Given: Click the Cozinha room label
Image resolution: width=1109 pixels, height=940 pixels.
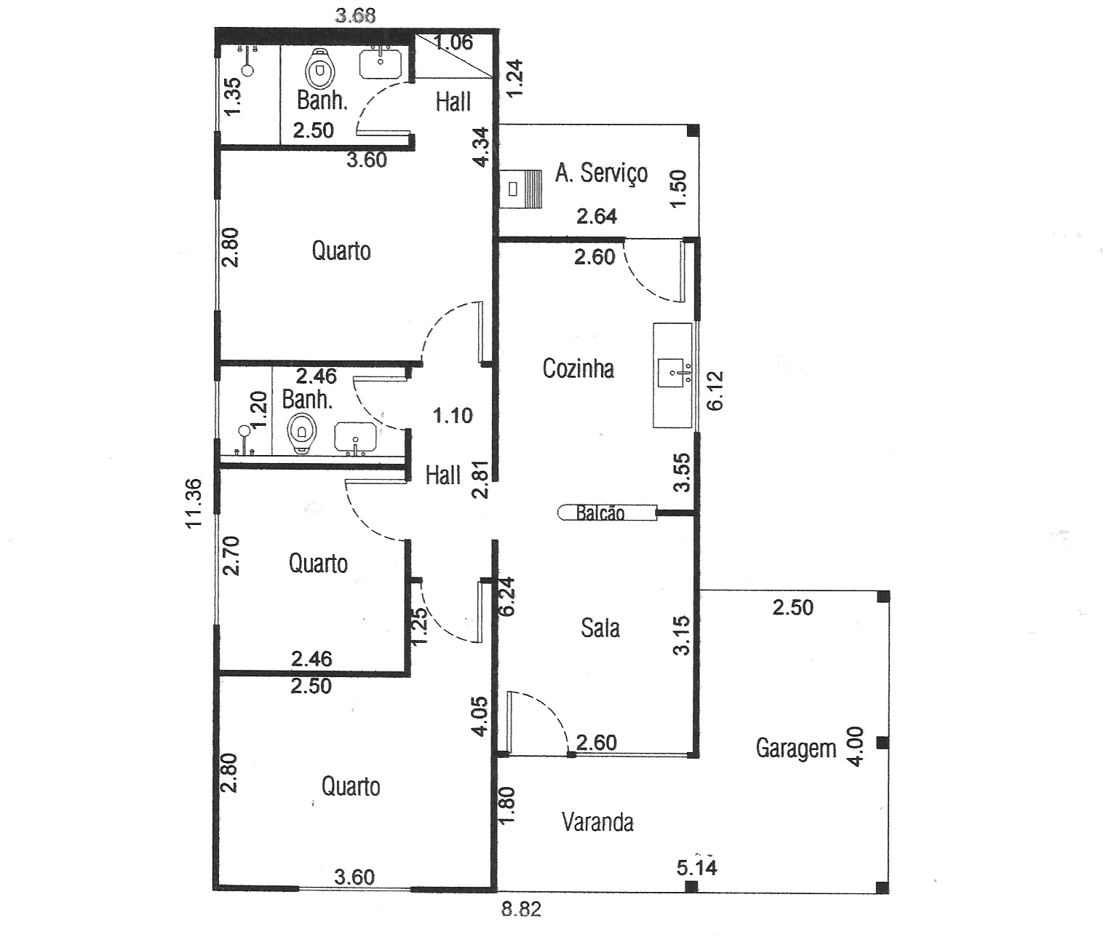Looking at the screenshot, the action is click(x=579, y=369).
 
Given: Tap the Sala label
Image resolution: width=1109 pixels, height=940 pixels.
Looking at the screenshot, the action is click(x=600, y=628).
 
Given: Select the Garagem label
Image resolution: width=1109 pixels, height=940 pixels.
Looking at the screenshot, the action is click(x=796, y=749).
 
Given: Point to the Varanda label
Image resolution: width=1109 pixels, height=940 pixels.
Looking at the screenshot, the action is click(x=597, y=822).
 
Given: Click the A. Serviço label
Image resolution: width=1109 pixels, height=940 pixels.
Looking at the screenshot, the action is click(x=602, y=173).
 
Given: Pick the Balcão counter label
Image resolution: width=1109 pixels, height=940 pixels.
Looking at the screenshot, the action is click(x=600, y=513).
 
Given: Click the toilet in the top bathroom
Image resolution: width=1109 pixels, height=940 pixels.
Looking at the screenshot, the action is click(x=319, y=68).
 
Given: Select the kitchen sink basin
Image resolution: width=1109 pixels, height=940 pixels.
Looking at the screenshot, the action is click(x=671, y=371).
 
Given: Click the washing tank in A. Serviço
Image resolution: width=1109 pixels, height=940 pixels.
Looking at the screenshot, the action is click(x=521, y=189).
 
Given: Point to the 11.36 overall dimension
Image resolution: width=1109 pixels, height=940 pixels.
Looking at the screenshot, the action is click(x=194, y=503).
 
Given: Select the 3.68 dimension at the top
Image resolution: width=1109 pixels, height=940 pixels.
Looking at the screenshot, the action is click(x=355, y=15).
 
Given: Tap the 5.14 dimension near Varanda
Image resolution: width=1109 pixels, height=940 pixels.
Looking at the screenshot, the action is click(x=696, y=867).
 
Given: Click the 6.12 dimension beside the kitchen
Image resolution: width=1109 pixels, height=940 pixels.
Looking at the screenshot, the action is click(x=715, y=391).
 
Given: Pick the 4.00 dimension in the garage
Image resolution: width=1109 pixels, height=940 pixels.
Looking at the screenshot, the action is click(x=856, y=746).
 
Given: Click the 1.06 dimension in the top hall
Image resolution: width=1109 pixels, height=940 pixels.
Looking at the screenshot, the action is click(x=453, y=42).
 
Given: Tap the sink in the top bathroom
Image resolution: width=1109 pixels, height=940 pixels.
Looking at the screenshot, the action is click(x=380, y=63).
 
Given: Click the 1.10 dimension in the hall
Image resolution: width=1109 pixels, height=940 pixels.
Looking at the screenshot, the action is click(x=453, y=416).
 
